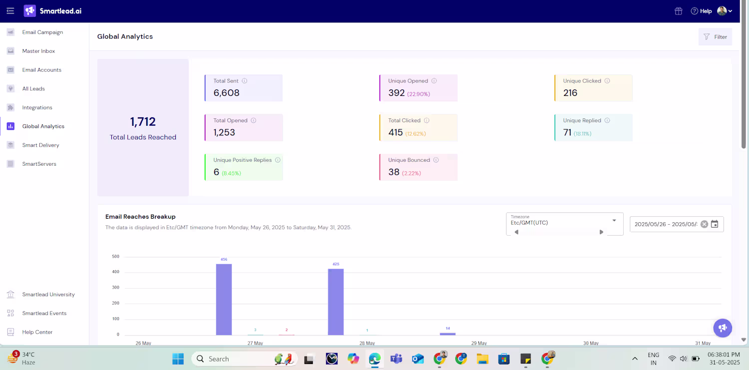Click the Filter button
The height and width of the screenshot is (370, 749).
(715, 37)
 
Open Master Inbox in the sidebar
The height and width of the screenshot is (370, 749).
(38, 51)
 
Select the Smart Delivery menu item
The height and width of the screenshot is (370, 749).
(40, 145)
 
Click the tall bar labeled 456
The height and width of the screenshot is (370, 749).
(224, 300)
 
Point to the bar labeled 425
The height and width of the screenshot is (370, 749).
(336, 302)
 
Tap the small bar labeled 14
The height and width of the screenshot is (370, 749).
(447, 334)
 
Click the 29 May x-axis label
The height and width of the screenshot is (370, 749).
(479, 343)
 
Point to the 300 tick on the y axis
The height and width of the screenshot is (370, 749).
(115, 288)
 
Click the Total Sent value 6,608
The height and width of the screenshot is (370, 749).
(226, 93)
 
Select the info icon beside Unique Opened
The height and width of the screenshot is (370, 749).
(434, 81)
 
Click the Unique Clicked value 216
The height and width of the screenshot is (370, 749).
(570, 93)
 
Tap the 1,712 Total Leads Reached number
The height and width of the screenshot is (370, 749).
(143, 122)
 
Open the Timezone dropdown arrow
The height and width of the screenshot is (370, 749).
(614, 221)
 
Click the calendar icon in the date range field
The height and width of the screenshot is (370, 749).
(715, 224)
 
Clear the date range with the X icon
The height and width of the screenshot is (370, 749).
(704, 224)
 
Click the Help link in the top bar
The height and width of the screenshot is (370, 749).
(702, 11)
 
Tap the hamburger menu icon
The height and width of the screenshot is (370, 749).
(10, 11)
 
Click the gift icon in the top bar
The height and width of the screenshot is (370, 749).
(679, 11)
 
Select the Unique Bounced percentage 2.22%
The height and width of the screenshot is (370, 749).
(411, 173)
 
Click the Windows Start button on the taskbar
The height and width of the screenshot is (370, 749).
(178, 359)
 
